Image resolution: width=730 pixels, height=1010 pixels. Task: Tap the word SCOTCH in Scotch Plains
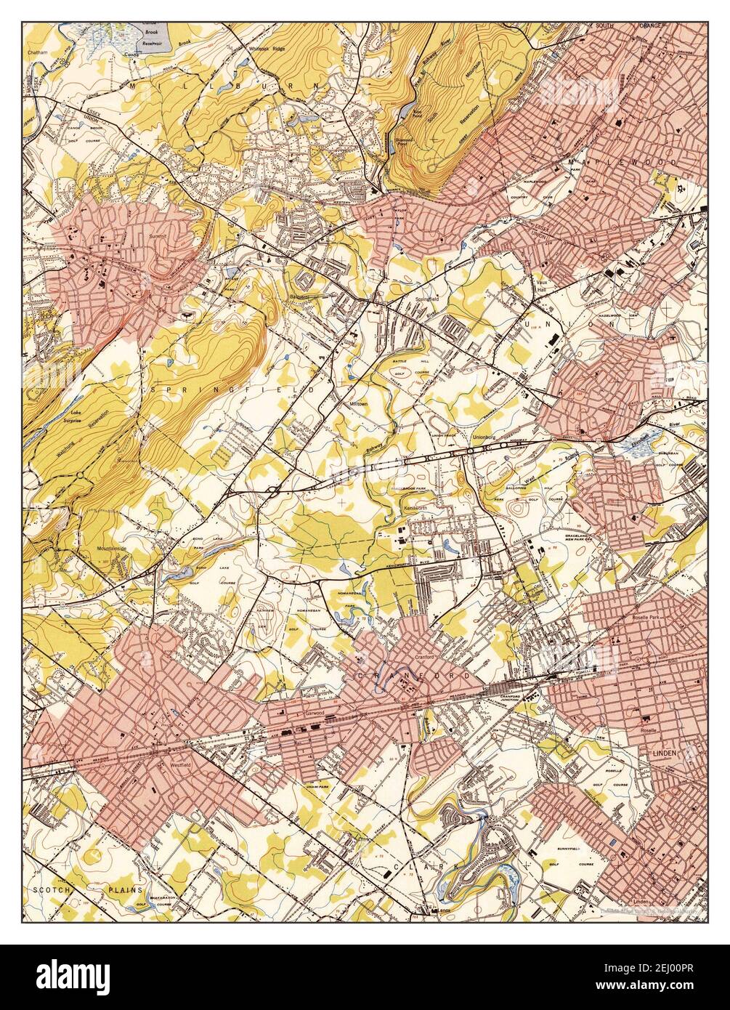[49, 889]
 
